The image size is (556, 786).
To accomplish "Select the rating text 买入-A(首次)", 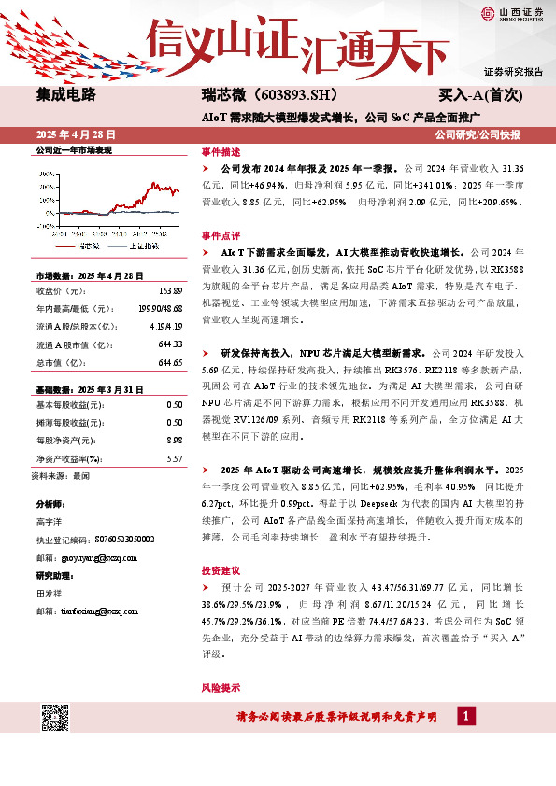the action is [x=480, y=95].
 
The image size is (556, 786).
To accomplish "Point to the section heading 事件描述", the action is [x=221, y=151].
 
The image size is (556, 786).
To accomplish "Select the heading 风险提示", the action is [x=221, y=687].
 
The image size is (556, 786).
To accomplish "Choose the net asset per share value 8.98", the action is [x=174, y=440].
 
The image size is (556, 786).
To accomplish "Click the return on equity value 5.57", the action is [x=174, y=458].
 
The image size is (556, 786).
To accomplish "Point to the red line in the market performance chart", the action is [x=150, y=196].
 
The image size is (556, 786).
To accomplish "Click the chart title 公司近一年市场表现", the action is [x=73, y=150].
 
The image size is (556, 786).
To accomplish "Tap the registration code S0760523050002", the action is [x=122, y=540].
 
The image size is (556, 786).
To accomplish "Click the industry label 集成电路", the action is [x=66, y=95].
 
